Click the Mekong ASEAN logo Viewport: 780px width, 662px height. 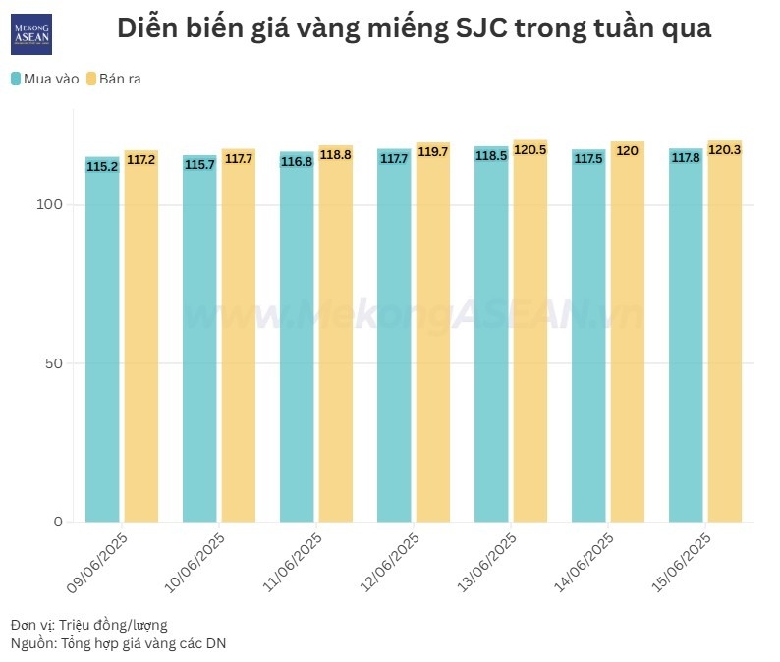(x=31, y=34)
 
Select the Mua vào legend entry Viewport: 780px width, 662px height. (x=45, y=79)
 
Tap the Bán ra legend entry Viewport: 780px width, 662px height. (x=114, y=79)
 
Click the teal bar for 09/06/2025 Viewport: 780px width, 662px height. (x=102, y=344)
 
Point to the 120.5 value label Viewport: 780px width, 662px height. (x=529, y=151)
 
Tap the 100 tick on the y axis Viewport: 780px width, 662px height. (x=50, y=204)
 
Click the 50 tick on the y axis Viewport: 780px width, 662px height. (x=54, y=363)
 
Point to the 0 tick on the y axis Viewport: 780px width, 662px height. (x=57, y=522)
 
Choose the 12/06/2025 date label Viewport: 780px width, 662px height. (x=390, y=563)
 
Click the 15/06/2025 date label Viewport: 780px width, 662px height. (x=682, y=563)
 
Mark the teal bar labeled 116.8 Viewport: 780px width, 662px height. (x=297, y=344)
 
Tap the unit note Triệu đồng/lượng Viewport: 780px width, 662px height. (x=113, y=625)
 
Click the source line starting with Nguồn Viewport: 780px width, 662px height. (x=118, y=643)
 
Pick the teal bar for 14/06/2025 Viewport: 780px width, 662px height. (x=588, y=344)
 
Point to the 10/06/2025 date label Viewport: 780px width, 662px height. (x=195, y=563)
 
